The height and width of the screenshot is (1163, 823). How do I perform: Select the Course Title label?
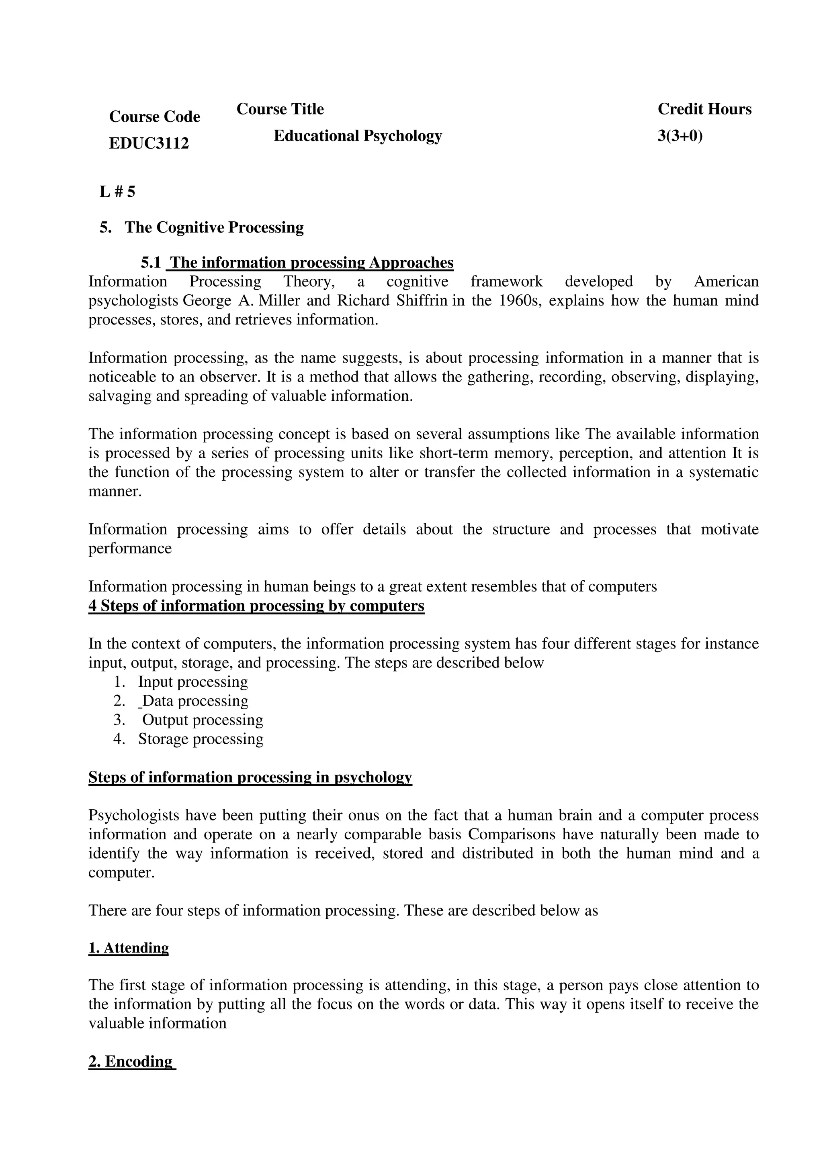[x=280, y=109]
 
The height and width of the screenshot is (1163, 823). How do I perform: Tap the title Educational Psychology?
[x=357, y=136]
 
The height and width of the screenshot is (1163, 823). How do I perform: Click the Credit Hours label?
[x=704, y=109]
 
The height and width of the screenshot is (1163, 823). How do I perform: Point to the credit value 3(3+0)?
[x=680, y=136]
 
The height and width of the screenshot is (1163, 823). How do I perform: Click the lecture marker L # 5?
[x=118, y=192]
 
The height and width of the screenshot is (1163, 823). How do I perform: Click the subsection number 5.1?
[x=151, y=263]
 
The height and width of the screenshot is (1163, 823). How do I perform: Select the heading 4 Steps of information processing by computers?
[x=256, y=606]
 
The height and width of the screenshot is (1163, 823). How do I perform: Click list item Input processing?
[x=192, y=682]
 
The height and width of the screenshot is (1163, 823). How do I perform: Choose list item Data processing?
[x=194, y=701]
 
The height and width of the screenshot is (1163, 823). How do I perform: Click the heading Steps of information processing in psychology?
[x=250, y=777]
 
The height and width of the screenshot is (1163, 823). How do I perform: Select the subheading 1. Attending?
[x=128, y=948]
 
